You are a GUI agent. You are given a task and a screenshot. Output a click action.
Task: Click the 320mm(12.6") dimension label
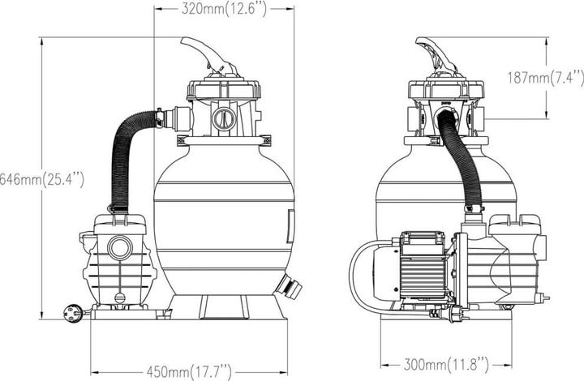[x=224, y=9]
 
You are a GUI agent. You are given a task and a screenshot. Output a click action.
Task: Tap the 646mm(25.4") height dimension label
[x=41, y=180]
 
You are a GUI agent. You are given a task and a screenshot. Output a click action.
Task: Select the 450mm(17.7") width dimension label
[x=189, y=371]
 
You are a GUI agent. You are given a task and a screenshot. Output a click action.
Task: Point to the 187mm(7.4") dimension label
[x=546, y=78]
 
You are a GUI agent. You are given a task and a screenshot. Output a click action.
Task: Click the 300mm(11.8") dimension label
[x=446, y=364]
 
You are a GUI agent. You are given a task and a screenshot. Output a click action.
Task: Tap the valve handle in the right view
[x=435, y=55]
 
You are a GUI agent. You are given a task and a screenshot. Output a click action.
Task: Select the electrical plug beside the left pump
[x=74, y=313]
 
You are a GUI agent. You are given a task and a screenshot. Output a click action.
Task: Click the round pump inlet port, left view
[x=120, y=247]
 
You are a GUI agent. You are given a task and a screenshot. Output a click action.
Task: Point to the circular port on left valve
[x=224, y=118]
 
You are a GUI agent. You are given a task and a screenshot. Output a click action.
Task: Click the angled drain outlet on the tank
[x=289, y=286]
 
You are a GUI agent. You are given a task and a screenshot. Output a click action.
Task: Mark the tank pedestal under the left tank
[x=224, y=307]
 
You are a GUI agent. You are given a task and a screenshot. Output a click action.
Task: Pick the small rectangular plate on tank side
[x=290, y=226]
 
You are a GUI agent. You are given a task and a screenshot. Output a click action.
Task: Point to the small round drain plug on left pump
[x=119, y=298]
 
